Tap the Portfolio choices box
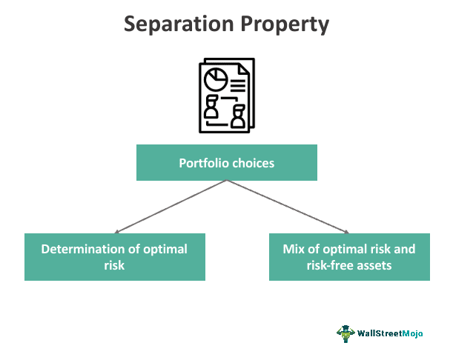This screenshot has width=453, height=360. pyautogui.click(x=226, y=163)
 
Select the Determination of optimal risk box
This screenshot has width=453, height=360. pyautogui.click(x=115, y=257)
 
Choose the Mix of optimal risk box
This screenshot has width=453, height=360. pyautogui.click(x=349, y=257)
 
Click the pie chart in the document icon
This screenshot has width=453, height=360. pyautogui.click(x=216, y=77)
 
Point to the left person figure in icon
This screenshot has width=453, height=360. pyautogui.click(x=211, y=107)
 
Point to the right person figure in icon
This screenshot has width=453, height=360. pyautogui.click(x=239, y=116)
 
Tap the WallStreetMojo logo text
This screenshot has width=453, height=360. pyautogui.click(x=391, y=334)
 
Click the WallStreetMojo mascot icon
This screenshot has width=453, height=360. pyautogui.click(x=345, y=333)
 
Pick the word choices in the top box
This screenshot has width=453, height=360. pyautogui.click(x=253, y=163)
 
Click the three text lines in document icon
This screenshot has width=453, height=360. pyautogui.click(x=238, y=78)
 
